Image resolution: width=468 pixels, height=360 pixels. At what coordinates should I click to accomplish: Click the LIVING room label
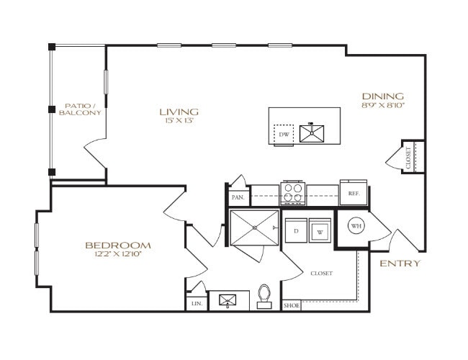(179, 112)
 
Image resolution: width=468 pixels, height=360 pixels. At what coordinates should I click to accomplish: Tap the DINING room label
(382, 96)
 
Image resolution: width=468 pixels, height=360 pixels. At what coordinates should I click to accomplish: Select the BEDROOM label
(119, 245)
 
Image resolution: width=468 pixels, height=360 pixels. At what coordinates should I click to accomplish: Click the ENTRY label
(400, 263)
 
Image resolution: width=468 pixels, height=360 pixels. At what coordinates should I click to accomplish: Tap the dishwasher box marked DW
(283, 134)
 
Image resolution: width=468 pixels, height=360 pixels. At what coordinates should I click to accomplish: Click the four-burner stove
(292, 194)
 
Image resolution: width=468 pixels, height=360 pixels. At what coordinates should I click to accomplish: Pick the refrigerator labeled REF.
(354, 193)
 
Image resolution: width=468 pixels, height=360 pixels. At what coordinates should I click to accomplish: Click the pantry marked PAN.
(238, 196)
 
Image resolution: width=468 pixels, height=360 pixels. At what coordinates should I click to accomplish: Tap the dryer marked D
(295, 231)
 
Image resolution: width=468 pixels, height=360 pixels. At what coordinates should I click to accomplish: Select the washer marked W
(320, 232)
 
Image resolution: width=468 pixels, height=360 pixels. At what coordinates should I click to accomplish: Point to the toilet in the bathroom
(264, 296)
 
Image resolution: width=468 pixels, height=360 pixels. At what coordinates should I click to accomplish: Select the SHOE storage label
(291, 305)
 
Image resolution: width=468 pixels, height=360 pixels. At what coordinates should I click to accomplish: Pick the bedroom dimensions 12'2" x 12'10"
(119, 254)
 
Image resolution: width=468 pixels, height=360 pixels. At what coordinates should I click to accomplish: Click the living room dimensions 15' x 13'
(179, 120)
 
